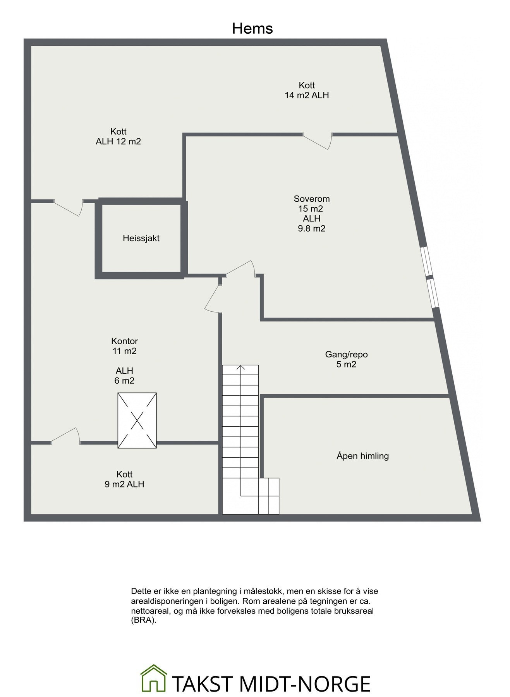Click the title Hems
252,28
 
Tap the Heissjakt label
141,238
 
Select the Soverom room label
311,199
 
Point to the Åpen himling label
362,456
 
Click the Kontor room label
124,342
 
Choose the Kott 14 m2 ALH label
307,90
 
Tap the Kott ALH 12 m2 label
118,136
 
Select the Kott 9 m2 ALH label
124,479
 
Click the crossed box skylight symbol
137,421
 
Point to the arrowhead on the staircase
241,367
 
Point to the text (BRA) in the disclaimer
144,620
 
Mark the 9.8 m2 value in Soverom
311,228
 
